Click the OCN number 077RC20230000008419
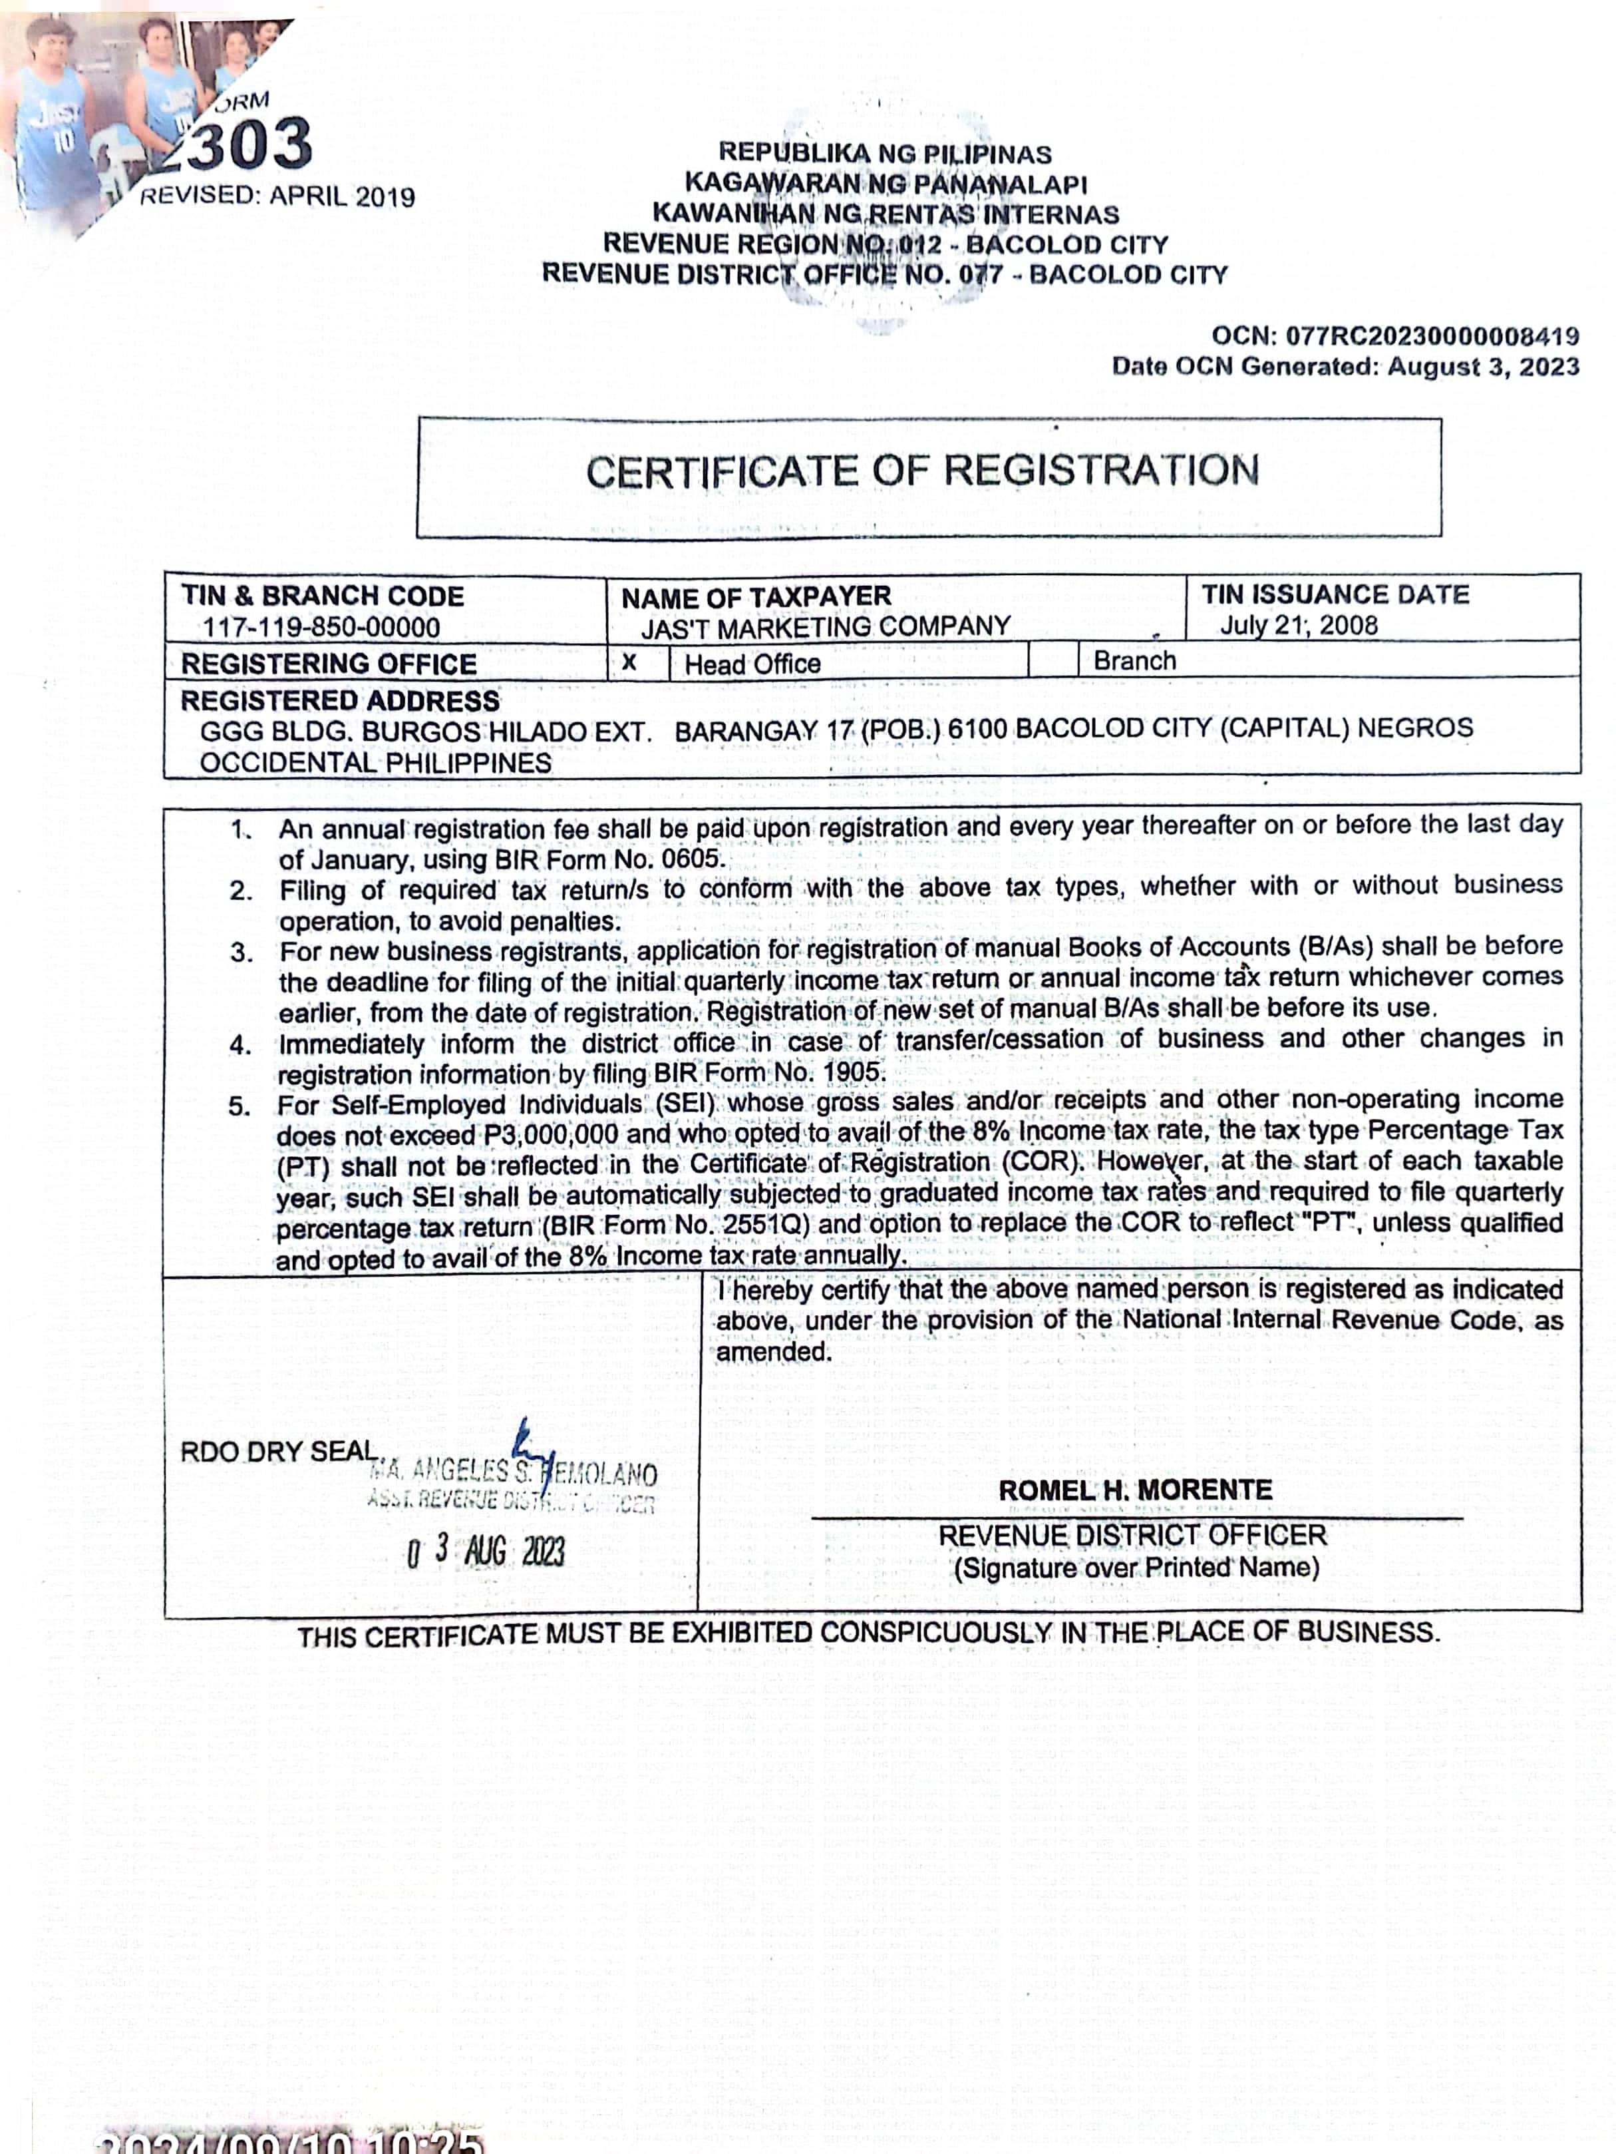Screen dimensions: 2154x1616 (x=1432, y=336)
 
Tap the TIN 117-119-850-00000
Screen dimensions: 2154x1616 (x=321, y=627)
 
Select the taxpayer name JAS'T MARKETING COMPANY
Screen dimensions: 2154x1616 (x=826, y=626)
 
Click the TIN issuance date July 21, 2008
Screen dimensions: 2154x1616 (x=1299, y=625)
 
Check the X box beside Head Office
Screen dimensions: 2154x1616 (x=630, y=662)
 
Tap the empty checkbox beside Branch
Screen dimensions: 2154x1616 (x=1053, y=661)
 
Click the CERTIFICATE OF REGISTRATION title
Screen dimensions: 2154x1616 (x=922, y=471)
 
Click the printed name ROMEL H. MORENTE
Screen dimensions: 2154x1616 (x=1135, y=1490)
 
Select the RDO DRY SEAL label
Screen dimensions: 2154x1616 (x=278, y=1451)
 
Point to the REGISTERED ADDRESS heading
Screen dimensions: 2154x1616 (x=340, y=701)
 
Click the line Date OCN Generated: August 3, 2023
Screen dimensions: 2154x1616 (x=1345, y=367)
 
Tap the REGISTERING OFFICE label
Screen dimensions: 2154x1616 (x=329, y=664)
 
